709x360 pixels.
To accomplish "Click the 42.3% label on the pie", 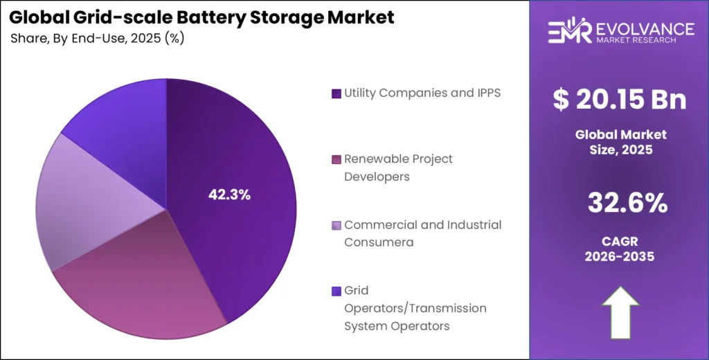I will [x=229, y=195].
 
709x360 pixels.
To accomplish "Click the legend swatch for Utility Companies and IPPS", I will [x=336, y=93].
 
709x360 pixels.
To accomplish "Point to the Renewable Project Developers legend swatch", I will [x=336, y=159].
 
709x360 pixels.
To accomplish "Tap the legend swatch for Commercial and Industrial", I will [x=336, y=225].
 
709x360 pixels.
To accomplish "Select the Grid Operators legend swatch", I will [x=336, y=291].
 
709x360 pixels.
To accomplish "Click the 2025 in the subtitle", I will [x=144, y=39].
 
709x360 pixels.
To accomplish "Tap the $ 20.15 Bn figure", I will [x=620, y=100].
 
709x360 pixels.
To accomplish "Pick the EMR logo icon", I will [x=567, y=33].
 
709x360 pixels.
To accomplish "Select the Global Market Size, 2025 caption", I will [x=620, y=141].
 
